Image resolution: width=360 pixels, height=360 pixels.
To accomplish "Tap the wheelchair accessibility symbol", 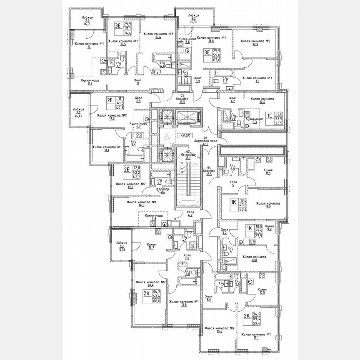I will (165, 136).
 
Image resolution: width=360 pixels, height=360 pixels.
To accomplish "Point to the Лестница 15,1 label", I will (188, 155).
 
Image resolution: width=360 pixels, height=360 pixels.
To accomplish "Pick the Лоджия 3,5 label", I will (87, 20).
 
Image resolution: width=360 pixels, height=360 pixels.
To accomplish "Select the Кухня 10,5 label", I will (262, 291).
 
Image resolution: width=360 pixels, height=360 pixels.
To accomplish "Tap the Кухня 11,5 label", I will (268, 172).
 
